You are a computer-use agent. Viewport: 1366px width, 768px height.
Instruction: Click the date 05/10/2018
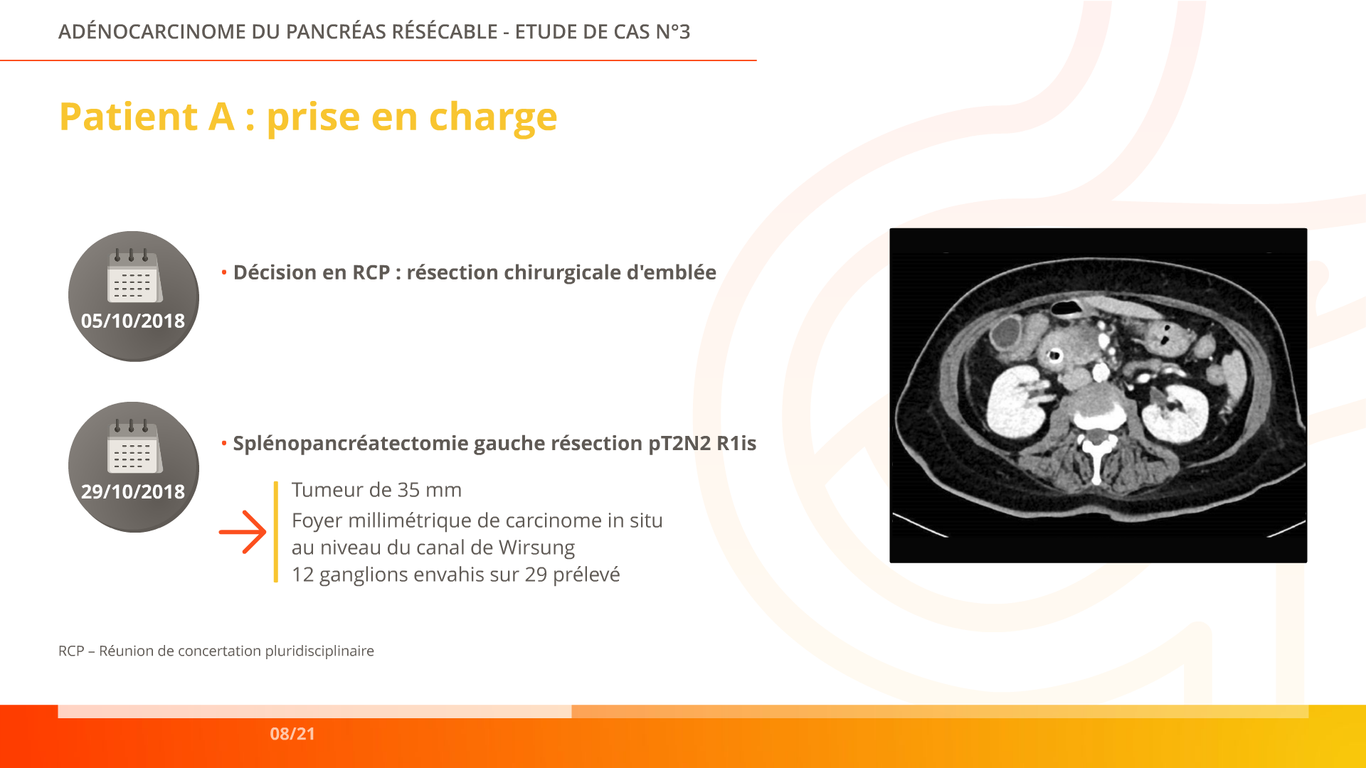tap(133, 321)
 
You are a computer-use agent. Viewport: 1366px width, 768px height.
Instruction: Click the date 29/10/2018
tap(133, 491)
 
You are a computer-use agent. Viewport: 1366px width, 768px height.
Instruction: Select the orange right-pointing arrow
tap(243, 532)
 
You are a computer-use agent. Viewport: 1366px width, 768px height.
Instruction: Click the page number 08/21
tap(292, 734)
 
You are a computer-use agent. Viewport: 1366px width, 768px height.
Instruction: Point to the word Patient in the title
tap(129, 117)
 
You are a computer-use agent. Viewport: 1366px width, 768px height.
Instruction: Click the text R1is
tap(736, 443)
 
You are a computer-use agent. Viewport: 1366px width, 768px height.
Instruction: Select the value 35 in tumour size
tap(408, 490)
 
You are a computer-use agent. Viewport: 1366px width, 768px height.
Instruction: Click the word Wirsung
tap(537, 548)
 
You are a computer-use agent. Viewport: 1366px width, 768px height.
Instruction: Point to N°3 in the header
tap(673, 32)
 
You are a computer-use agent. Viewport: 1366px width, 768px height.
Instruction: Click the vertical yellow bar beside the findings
tap(276, 532)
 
